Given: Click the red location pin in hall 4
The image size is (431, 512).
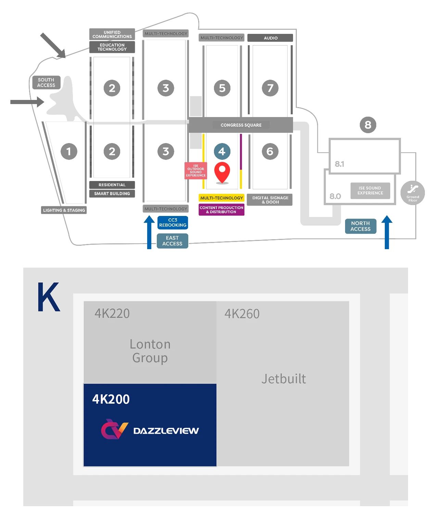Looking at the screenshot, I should point(222,172).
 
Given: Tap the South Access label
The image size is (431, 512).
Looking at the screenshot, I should point(46,82).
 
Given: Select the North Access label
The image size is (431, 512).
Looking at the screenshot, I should point(360,226).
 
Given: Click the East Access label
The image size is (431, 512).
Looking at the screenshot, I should point(173,241).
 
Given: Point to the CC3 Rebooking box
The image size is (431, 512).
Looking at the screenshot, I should point(173,222).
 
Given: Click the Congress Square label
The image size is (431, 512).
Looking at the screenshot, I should point(241,125).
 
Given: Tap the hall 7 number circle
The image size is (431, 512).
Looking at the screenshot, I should point(270,88).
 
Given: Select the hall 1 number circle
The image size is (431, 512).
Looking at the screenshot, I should point(69,151).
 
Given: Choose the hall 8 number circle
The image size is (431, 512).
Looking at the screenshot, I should point(368,125).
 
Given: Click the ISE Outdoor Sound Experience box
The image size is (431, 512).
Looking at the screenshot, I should point(196,170).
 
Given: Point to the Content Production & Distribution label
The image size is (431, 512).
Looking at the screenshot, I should point(221,210).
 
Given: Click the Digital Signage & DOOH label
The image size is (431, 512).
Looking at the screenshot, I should point(270,200).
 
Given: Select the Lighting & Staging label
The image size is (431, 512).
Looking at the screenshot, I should point(64,210).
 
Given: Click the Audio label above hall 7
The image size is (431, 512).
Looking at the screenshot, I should point(270,38).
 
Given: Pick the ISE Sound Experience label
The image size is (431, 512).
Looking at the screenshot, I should point(370,191).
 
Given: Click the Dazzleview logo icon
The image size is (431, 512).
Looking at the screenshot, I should point(114,429).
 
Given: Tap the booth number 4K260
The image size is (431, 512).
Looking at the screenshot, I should point(242,314).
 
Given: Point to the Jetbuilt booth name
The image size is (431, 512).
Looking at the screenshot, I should point(283,379).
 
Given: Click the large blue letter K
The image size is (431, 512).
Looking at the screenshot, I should point(49,297).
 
